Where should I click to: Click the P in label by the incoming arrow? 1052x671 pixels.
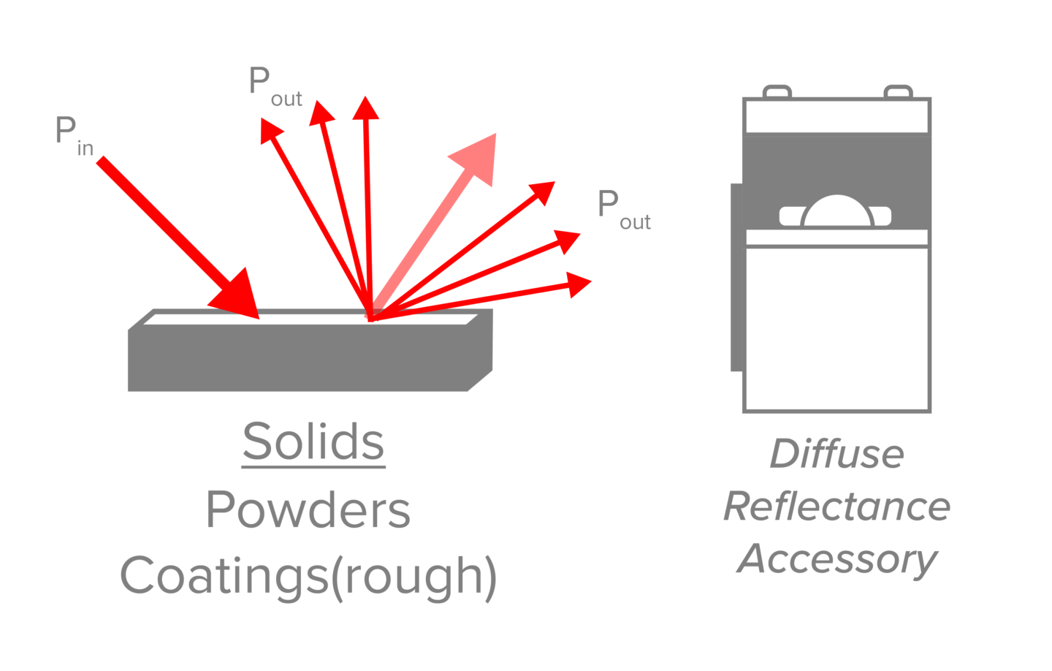pos(74,136)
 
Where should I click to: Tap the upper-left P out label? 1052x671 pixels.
pos(275,87)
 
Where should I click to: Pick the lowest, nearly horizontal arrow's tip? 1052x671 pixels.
pos(579,284)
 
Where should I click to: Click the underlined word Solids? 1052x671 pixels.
pos(313,442)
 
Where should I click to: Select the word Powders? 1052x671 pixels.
pos(308,509)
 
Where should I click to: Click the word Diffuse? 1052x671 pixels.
pos(836,454)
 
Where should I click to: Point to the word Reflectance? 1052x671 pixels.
pos(836,507)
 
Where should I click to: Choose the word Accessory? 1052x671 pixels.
pos(836,560)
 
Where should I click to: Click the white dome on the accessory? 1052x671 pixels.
pos(837,213)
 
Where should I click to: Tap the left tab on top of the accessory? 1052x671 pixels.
pos(777,91)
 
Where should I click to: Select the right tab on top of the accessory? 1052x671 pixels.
pos(898,91)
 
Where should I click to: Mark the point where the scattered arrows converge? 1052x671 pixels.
pos(371,318)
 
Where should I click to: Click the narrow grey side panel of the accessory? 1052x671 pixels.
pos(736,278)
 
